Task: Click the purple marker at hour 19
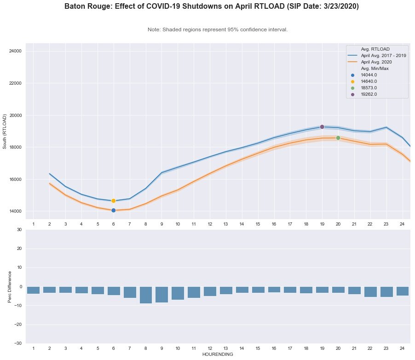(x=322, y=127)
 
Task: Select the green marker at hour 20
(x=338, y=138)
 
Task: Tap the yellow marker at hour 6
(x=113, y=201)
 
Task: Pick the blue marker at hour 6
(x=113, y=210)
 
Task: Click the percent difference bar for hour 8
(x=146, y=295)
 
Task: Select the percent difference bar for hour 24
(x=403, y=291)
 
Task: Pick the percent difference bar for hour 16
(x=274, y=290)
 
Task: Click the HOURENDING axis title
(x=218, y=354)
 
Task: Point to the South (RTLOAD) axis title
(x=5, y=131)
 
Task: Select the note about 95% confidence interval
(x=218, y=29)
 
